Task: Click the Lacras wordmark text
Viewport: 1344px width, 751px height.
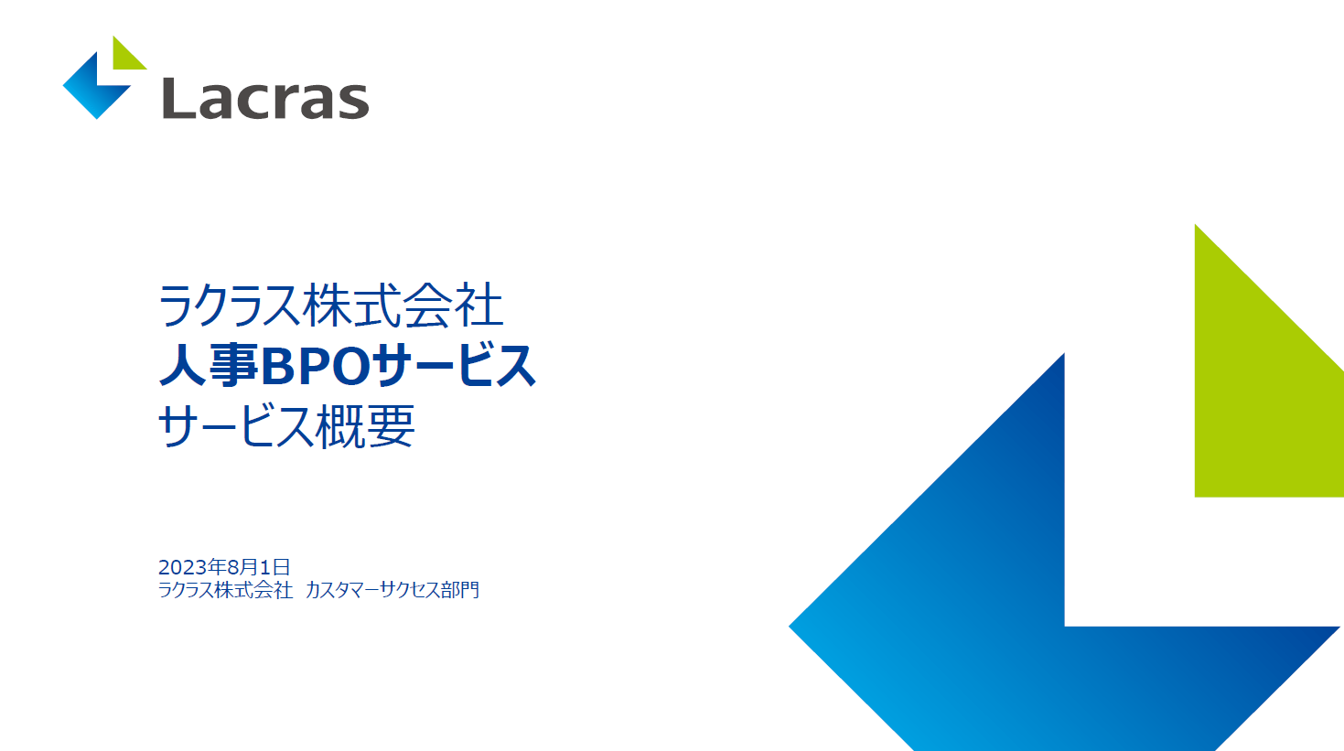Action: tap(266, 99)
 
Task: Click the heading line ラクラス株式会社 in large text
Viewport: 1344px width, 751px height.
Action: tap(330, 306)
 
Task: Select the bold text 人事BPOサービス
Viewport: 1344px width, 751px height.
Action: tap(348, 365)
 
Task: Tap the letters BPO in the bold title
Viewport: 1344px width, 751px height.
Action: tap(316, 366)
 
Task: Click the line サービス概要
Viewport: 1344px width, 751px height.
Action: tap(286, 425)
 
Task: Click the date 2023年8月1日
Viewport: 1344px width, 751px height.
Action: tap(224, 567)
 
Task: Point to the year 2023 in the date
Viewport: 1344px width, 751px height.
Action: tap(183, 567)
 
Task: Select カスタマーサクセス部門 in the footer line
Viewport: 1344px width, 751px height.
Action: tap(392, 590)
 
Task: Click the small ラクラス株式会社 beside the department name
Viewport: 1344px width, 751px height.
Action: tap(225, 590)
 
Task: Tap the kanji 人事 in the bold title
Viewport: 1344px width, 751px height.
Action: tap(209, 365)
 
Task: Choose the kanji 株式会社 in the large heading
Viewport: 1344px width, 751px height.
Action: tap(403, 306)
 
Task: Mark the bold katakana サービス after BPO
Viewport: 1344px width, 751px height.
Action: tap(454, 365)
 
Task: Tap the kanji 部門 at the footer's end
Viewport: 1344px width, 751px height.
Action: tap(460, 590)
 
